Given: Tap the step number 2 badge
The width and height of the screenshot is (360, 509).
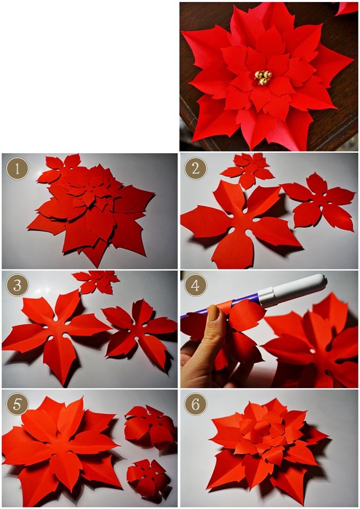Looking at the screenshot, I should coord(195,168).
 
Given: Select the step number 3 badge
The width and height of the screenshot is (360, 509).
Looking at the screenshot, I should coord(17,285).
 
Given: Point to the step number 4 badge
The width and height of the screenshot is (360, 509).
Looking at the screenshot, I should coord(195,285).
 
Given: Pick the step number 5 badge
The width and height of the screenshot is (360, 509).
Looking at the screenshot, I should coord(17,404).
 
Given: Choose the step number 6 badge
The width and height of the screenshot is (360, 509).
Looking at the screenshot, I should coord(195,404).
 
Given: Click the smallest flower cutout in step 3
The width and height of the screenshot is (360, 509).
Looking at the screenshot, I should coord(97,281).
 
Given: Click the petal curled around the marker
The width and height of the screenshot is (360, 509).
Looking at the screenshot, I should coord(242,315).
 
